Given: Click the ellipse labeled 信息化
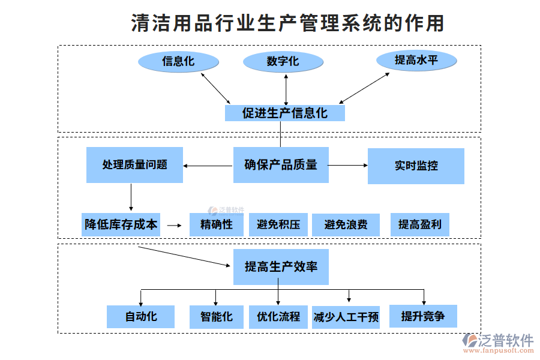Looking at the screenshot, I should tap(178, 61).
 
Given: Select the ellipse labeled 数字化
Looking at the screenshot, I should tap(283, 62).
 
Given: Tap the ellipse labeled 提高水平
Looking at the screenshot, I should tap(416, 61).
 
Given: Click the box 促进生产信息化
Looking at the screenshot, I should tap(285, 113).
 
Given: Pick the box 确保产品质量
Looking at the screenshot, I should tap(281, 165).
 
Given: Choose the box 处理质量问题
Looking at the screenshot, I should tap(134, 165).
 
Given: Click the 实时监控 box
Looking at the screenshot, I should tap(416, 166).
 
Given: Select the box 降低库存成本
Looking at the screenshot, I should tap(121, 224).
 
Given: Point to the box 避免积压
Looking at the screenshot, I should tap(278, 225).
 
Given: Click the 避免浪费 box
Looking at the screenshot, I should tap(346, 225).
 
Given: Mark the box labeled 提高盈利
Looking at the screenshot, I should tap(419, 225).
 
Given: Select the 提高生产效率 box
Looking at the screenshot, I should tap(281, 267).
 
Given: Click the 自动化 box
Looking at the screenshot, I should tap(141, 317).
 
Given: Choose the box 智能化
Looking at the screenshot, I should tap(216, 317).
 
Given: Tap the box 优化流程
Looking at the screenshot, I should tap(278, 317).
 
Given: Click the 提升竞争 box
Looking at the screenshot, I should tap(423, 316).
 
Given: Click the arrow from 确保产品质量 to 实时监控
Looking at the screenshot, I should tap(348, 165).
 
